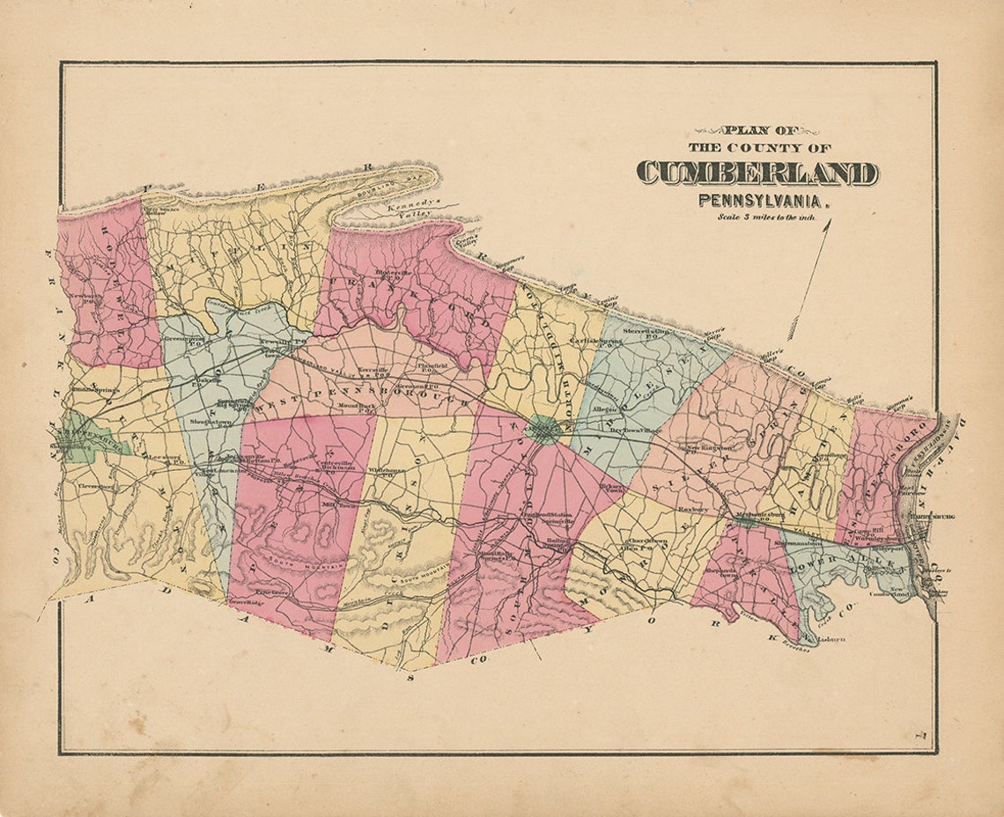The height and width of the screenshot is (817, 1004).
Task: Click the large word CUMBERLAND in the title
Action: pos(757,173)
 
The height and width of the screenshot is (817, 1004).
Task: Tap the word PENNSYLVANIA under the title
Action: pos(763,200)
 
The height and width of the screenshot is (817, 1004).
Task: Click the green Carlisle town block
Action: pos(544,431)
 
